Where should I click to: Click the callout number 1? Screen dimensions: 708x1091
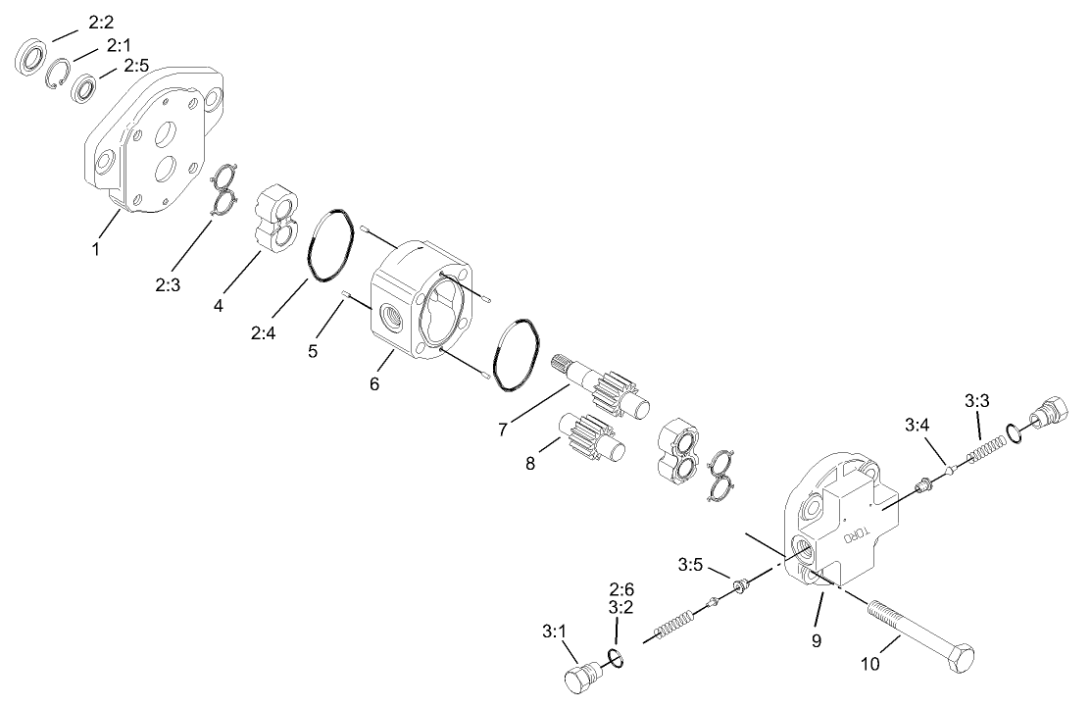96,248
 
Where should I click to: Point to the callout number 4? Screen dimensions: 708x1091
220,306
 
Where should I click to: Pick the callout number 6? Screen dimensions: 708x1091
374,383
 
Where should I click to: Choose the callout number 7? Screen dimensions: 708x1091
503,429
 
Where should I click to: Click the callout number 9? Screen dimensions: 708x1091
816,641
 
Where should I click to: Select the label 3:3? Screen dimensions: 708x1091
977,400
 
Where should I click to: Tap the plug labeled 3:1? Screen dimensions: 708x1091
582,680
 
